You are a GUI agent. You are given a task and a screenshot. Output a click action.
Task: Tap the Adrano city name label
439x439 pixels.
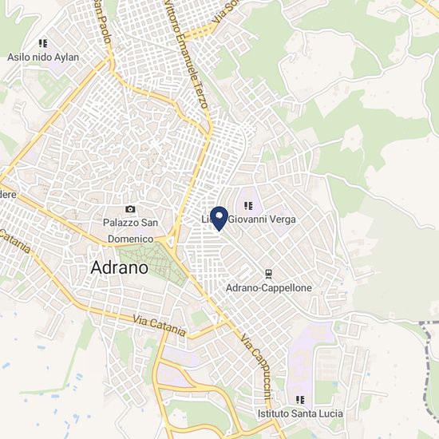coord(120,267)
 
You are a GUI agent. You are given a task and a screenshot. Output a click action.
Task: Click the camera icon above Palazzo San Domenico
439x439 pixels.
coord(130,209)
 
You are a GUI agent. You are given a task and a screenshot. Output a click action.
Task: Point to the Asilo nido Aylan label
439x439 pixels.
coord(43,57)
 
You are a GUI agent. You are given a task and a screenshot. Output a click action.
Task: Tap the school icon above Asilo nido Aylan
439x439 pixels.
coord(43,44)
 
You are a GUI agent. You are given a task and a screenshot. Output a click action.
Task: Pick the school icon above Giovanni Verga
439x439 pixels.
coord(247,205)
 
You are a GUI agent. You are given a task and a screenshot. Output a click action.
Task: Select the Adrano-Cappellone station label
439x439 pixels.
coord(269,287)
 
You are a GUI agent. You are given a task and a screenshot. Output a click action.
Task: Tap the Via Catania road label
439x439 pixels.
coord(160,325)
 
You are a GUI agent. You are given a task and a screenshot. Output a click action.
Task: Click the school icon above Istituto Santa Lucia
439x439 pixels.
coord(300,400)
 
